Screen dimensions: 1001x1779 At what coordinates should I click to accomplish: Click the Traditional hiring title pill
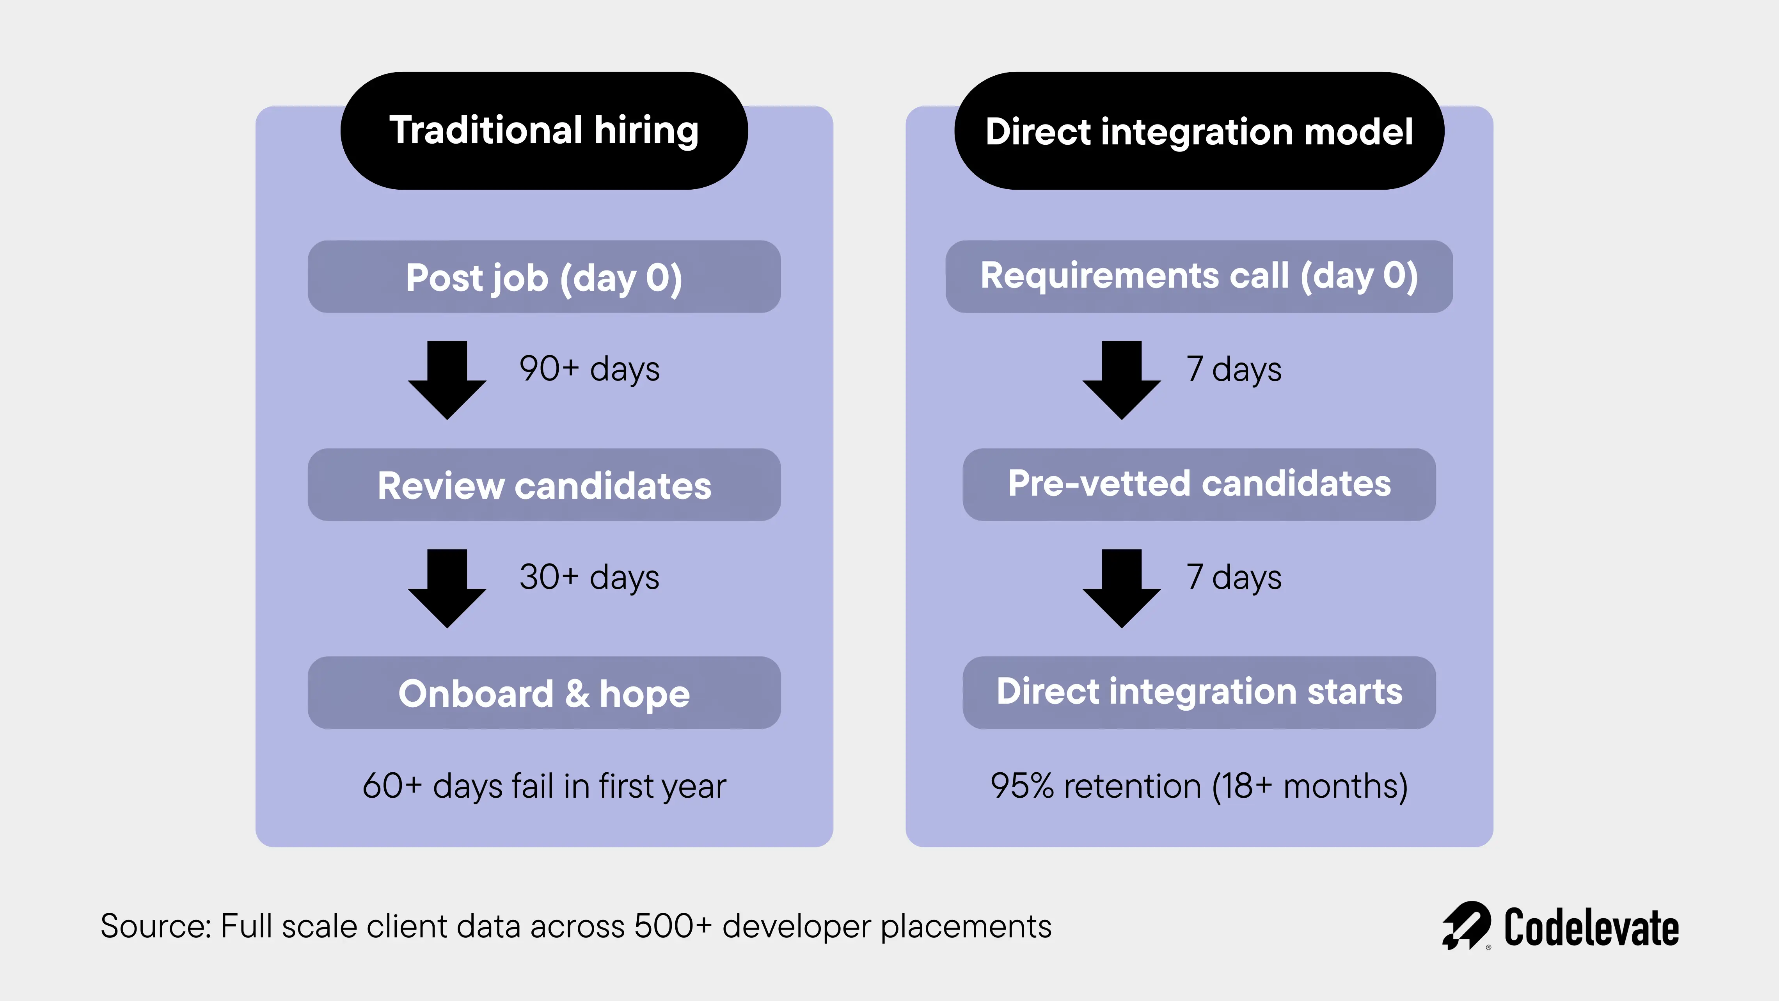click(544, 131)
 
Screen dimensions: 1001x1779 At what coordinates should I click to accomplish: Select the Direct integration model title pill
click(1199, 131)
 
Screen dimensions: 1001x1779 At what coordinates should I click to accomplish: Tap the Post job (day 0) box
click(544, 277)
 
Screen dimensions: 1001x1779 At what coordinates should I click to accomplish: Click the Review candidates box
click(544, 485)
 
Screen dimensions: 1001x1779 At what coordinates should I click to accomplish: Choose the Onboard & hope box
click(544, 693)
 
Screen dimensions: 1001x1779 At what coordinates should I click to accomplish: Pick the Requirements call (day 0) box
click(1199, 276)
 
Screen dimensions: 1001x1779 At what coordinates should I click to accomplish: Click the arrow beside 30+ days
click(447, 587)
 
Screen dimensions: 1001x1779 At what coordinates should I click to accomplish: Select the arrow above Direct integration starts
click(1122, 587)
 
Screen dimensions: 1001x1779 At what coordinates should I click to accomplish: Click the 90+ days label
click(589, 369)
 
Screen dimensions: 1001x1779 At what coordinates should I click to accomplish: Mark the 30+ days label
click(589, 577)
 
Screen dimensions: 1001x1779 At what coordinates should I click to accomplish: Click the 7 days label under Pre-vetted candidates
click(1234, 577)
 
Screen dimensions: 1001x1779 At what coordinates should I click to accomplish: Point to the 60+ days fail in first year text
click(544, 786)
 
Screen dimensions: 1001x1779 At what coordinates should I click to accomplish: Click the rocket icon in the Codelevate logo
click(1465, 926)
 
